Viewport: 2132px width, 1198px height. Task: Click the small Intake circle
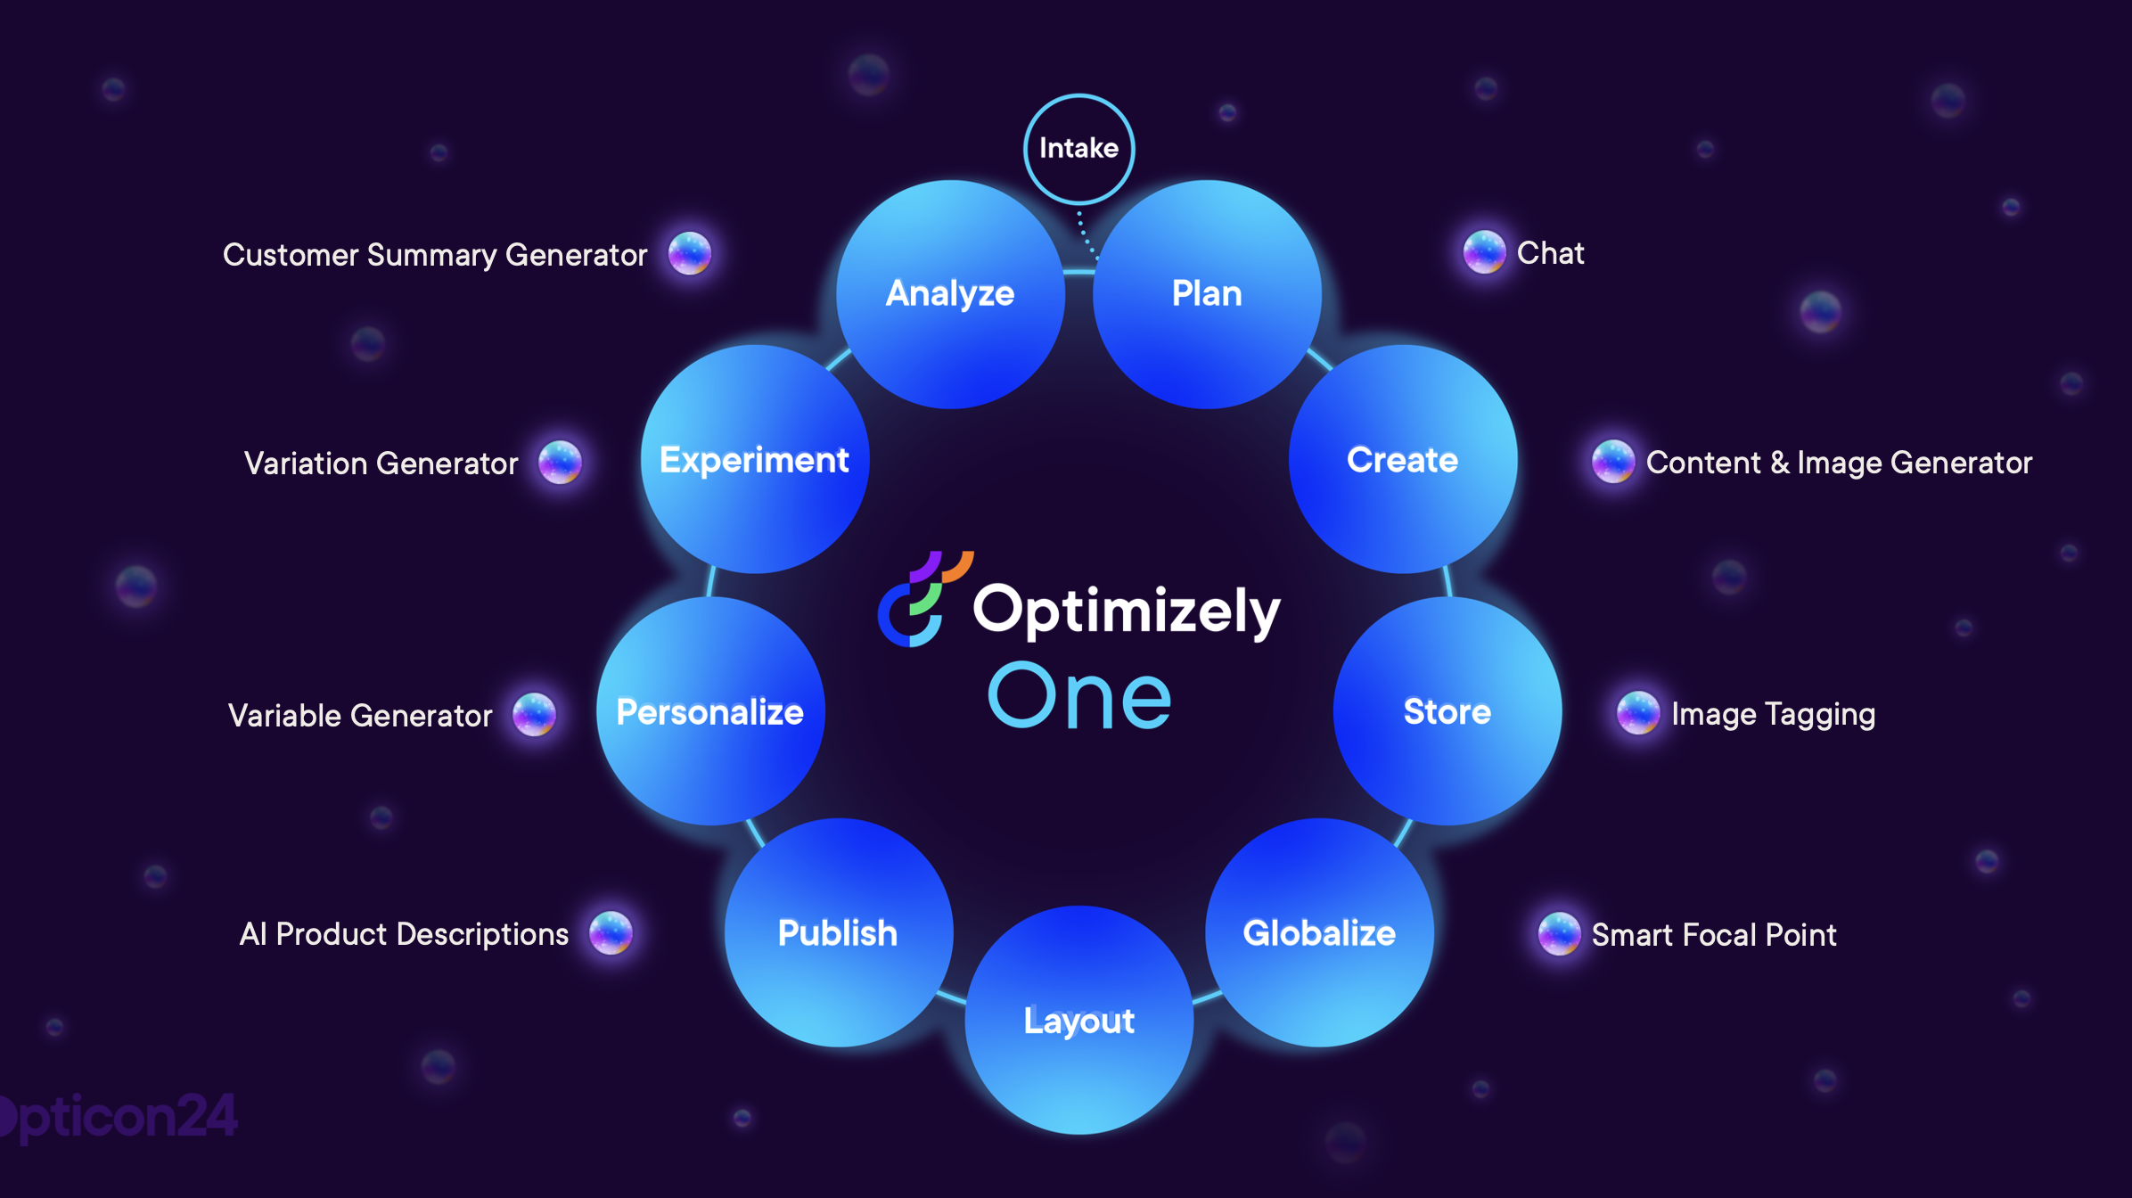point(1078,149)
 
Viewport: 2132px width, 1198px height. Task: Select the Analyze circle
point(950,294)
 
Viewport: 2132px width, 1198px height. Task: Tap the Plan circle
point(1207,294)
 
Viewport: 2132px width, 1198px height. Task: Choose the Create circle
point(1402,460)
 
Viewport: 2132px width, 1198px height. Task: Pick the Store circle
point(1447,711)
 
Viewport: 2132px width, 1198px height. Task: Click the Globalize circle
point(1319,932)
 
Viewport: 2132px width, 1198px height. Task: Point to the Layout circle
point(1078,1020)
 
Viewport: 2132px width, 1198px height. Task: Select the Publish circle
point(838,932)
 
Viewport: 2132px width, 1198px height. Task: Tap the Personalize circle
point(710,711)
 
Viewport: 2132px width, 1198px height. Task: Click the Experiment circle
point(754,460)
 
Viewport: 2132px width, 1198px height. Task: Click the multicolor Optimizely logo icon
point(923,598)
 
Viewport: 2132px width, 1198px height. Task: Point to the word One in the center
point(1079,696)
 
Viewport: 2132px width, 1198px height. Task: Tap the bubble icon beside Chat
point(1484,252)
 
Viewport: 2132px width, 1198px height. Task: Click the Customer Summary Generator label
point(435,255)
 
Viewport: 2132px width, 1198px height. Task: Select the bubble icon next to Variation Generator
point(560,463)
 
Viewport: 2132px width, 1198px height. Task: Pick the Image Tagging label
point(1773,714)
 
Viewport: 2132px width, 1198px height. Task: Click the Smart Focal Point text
point(1713,934)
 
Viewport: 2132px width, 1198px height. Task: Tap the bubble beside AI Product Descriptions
point(611,933)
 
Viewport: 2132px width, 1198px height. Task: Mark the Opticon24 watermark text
point(120,1116)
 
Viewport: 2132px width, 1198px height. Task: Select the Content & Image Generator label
point(1838,463)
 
